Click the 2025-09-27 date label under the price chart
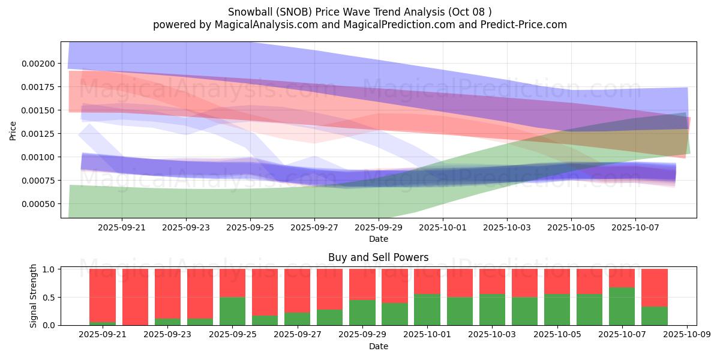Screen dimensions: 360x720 tap(314, 227)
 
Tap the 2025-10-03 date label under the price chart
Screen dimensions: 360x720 tap(507, 227)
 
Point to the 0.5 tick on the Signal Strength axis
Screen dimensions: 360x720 tap(50, 298)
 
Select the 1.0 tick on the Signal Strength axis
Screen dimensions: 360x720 tap(50, 269)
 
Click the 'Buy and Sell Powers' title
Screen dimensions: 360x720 tap(378, 257)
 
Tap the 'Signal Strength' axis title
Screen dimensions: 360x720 tap(34, 296)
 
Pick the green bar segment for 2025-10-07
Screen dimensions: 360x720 tap(622, 306)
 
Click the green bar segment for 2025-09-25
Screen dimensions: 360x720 tap(232, 311)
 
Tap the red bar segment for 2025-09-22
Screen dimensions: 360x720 tap(135, 296)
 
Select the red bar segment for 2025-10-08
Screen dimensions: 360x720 tap(655, 287)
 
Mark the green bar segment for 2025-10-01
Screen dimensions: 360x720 tap(427, 310)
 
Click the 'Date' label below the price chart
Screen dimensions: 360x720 tap(378, 239)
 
